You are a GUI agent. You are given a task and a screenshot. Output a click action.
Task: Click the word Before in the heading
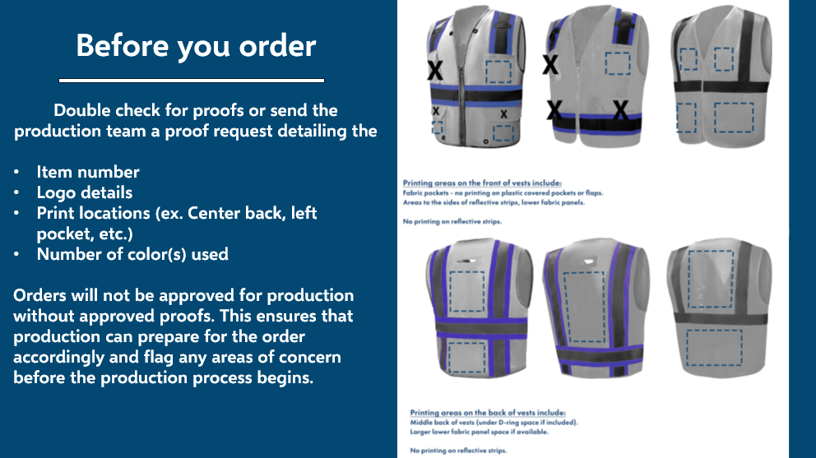[115, 45]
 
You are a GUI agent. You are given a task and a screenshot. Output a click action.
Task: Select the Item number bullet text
[88, 172]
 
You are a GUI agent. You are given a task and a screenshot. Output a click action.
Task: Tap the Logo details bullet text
[85, 192]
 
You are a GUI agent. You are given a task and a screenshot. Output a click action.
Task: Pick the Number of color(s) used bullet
[132, 254]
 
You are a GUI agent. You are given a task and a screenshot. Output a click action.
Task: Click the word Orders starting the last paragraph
[42, 295]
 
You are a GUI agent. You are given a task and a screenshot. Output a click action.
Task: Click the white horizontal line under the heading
[192, 81]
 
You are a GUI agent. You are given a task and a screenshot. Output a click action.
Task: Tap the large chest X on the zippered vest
[435, 71]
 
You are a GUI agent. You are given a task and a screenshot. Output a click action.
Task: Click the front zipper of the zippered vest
[471, 82]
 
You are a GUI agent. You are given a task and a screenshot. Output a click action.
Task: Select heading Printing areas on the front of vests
[481, 182]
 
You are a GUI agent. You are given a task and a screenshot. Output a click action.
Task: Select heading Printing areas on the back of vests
[488, 412]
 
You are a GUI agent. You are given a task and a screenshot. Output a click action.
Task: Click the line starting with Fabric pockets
[503, 192]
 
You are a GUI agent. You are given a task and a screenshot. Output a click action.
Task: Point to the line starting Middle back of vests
[494, 422]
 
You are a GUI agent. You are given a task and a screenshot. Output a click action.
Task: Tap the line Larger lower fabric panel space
[479, 431]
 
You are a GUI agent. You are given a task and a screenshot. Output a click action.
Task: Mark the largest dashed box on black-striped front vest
[734, 118]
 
